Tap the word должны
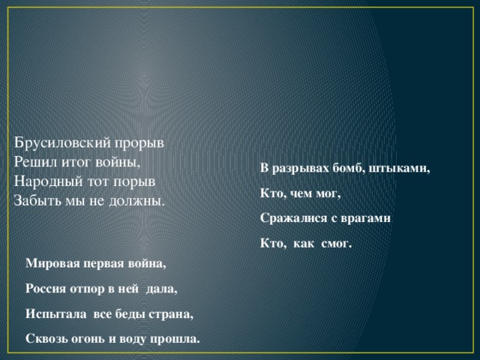[140, 201]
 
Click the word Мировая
[52, 263]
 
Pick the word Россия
[46, 288]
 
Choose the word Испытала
[54, 313]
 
